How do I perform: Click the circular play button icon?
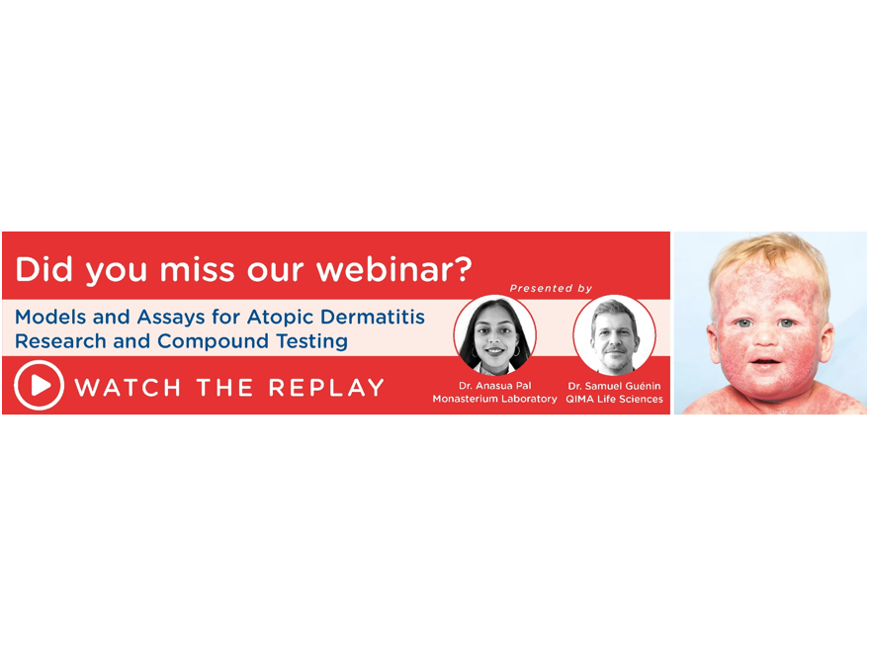pyautogui.click(x=39, y=385)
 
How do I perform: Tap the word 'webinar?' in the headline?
pyautogui.click(x=393, y=269)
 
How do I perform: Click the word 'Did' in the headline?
pyautogui.click(x=43, y=269)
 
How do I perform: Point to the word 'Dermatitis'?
pyautogui.click(x=373, y=317)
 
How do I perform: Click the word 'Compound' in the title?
pyautogui.click(x=214, y=341)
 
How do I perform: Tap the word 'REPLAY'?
pyautogui.click(x=326, y=387)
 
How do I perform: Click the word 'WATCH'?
pyautogui.click(x=128, y=387)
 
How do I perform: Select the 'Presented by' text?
pyautogui.click(x=551, y=288)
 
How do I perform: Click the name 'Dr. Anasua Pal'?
pyautogui.click(x=495, y=386)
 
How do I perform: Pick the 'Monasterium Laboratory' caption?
pyautogui.click(x=495, y=399)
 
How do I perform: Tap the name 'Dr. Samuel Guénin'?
pyautogui.click(x=614, y=386)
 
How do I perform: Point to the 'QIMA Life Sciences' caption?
pyautogui.click(x=614, y=399)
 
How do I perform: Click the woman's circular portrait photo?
pyautogui.click(x=495, y=335)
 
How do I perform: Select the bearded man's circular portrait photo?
pyautogui.click(x=614, y=335)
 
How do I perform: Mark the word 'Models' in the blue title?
pyautogui.click(x=50, y=317)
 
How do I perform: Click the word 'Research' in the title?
pyautogui.click(x=60, y=341)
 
